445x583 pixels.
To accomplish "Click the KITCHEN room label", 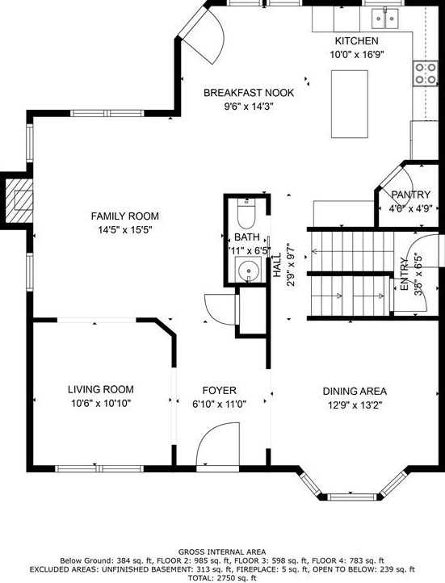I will (x=356, y=40).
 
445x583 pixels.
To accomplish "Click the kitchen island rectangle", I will (x=349, y=103).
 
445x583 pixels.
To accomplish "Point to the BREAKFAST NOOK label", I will (x=248, y=93).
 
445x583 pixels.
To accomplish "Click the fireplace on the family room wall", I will (x=18, y=198).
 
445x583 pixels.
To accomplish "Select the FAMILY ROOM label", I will (x=124, y=216).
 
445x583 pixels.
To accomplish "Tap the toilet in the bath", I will (x=247, y=216).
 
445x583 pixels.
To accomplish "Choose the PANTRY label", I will (x=411, y=195).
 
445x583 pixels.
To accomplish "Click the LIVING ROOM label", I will (x=100, y=388).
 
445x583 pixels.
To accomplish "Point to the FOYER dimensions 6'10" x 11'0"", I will (x=218, y=403).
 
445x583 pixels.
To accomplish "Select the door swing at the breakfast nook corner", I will (x=204, y=36).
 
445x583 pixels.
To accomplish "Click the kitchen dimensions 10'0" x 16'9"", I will (x=356, y=55).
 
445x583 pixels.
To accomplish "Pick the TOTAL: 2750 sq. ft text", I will (x=222, y=577).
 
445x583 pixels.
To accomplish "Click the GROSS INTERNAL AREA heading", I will (x=222, y=552).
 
